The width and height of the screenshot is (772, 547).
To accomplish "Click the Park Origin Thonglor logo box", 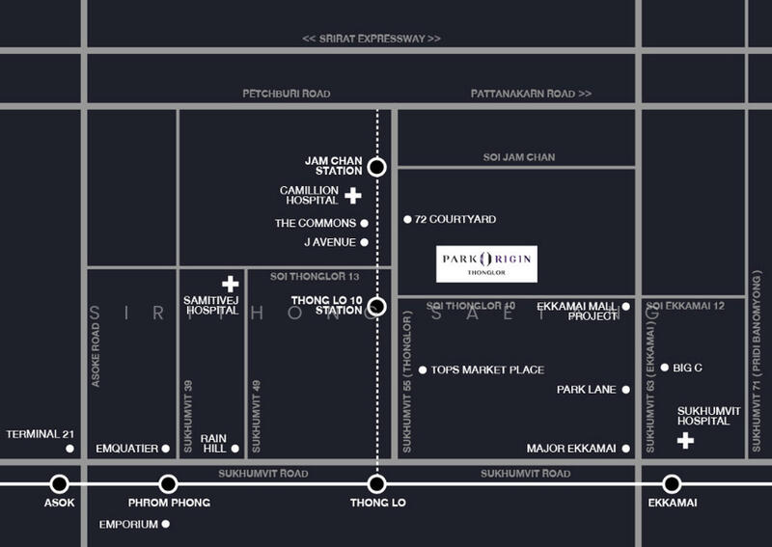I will click(486, 263).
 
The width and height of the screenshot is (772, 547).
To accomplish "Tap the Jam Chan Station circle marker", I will click(377, 167).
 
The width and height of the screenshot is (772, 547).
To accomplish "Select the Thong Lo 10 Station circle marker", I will click(377, 307).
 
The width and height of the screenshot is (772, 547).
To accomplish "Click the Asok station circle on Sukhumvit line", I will click(60, 483).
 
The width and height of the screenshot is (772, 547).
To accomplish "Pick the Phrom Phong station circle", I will click(168, 483).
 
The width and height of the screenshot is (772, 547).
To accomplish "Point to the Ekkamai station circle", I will click(672, 483).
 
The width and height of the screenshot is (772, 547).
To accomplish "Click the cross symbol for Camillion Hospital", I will click(353, 196).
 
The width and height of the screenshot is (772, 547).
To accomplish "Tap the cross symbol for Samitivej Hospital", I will click(231, 284).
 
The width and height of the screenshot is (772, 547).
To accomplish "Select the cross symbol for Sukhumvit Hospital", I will click(685, 441).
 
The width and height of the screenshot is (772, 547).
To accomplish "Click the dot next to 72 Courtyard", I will click(407, 220).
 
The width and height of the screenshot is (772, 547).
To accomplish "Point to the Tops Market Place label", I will click(487, 369).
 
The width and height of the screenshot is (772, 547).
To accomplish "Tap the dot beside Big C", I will click(664, 368).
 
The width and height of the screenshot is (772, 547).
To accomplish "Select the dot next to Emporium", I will click(166, 525).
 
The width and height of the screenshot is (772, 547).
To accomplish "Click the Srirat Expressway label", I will click(372, 39).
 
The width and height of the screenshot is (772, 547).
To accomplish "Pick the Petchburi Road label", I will click(286, 94).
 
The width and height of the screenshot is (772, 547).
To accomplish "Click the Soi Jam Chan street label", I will click(519, 157).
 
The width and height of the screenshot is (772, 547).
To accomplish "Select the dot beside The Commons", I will click(365, 224).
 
